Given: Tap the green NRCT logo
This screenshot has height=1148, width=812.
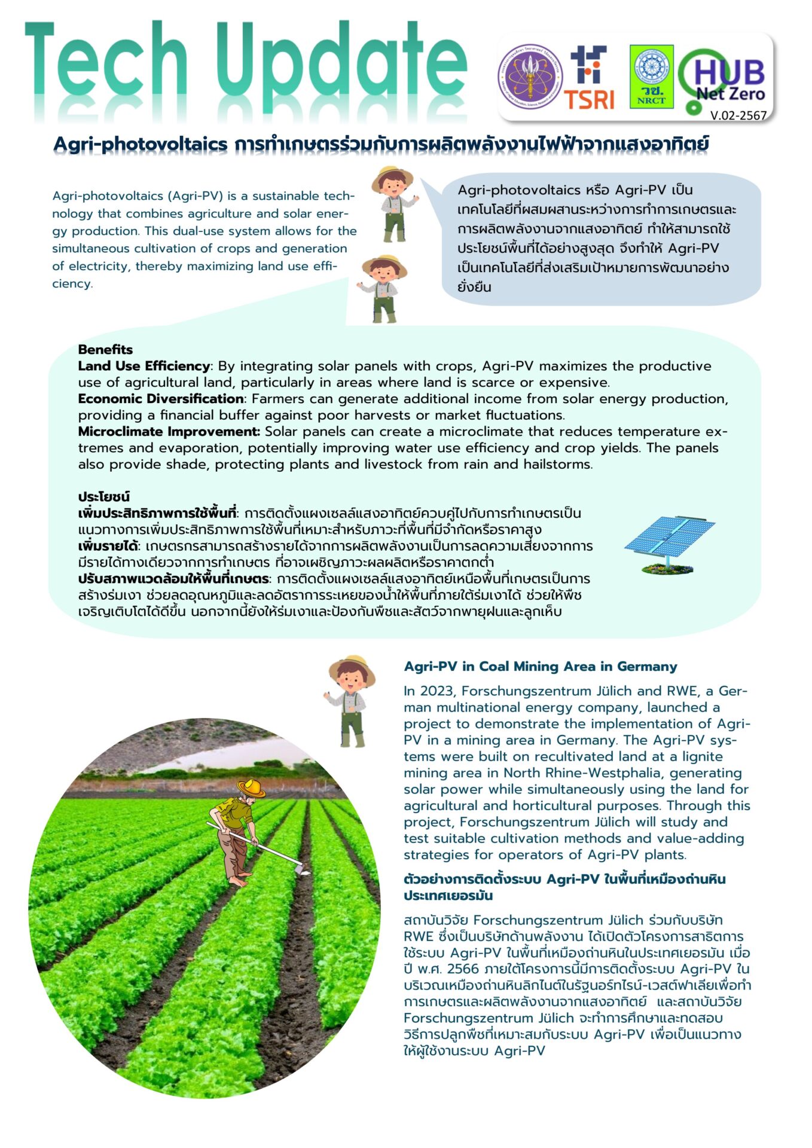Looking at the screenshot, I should (x=651, y=77).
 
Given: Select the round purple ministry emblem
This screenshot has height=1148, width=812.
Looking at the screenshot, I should (x=530, y=77).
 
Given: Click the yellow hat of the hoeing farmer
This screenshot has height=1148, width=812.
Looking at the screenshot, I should (x=251, y=787).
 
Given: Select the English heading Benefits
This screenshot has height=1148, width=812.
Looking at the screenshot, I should (x=105, y=350).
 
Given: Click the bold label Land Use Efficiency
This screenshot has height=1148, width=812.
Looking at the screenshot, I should (x=144, y=366).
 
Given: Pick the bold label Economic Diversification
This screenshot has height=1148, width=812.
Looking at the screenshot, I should (x=160, y=399).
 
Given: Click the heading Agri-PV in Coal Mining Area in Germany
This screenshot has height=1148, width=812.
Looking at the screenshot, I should (x=541, y=667).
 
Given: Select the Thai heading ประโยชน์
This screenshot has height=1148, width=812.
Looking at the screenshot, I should (x=103, y=497).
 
